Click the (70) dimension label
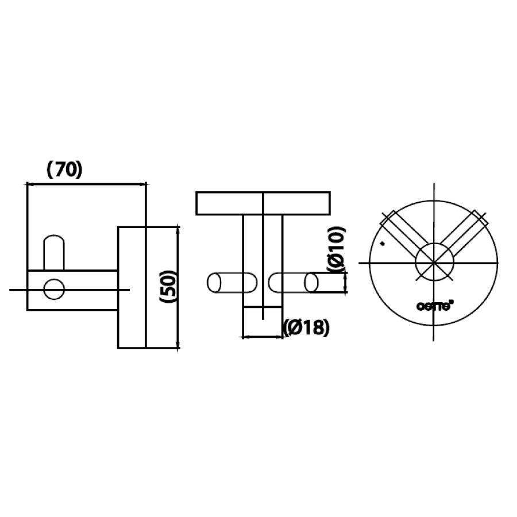click(64, 169)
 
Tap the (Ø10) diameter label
click(336, 249)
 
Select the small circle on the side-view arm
click(55, 290)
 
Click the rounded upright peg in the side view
click(55, 252)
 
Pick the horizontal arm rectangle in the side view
click(86, 290)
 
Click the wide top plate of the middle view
click(230, 203)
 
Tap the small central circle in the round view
click(435, 263)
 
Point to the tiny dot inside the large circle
click(383, 244)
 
